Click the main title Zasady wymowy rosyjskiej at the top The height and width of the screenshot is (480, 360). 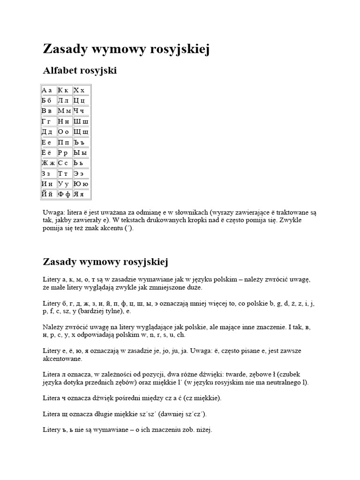(126, 49)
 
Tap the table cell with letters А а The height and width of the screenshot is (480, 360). (49, 90)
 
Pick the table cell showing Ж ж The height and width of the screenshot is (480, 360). (49, 163)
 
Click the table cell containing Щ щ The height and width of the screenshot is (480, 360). (82, 132)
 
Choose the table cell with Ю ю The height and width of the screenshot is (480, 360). (82, 184)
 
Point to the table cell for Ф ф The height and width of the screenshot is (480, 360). (65, 194)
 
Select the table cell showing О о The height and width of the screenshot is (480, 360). (65, 132)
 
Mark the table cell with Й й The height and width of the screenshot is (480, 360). (49, 194)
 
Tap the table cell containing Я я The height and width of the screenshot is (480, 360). (82, 194)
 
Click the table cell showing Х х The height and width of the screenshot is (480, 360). (82, 90)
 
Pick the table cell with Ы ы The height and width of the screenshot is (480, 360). (82, 152)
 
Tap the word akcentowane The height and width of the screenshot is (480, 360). (62, 359)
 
